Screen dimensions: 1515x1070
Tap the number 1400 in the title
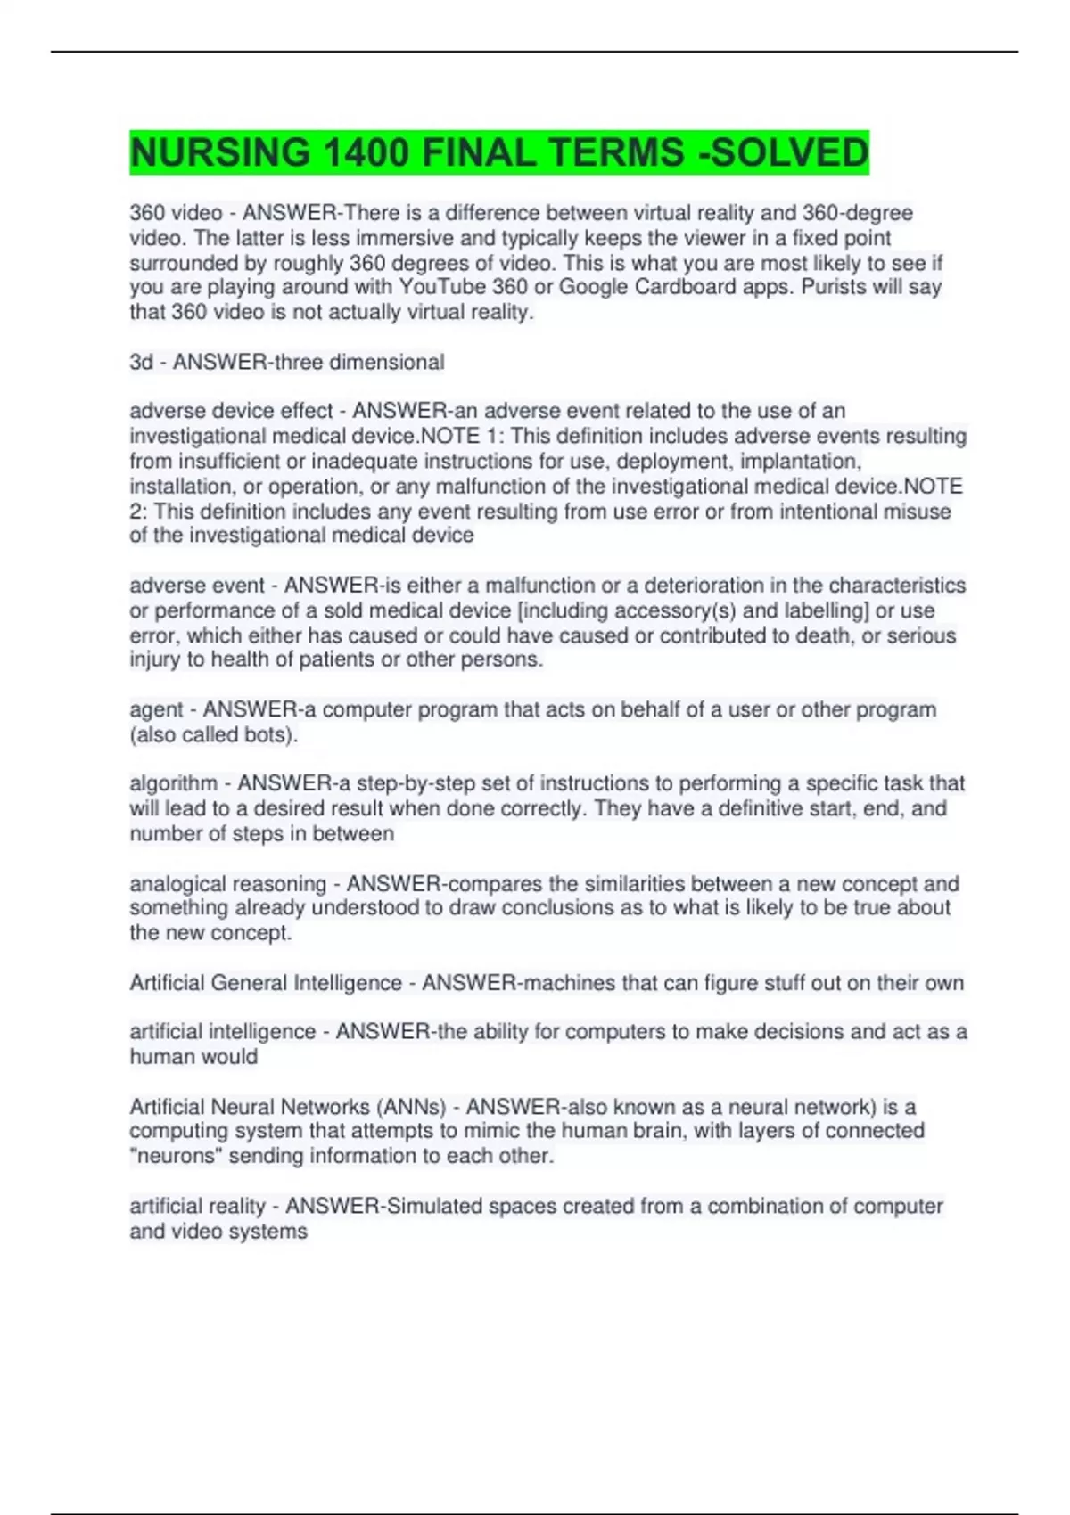[x=366, y=152]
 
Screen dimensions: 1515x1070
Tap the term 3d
[x=141, y=362]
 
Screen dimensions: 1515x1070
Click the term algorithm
[x=174, y=783]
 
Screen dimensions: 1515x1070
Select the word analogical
[x=178, y=884]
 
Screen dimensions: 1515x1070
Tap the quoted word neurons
[x=178, y=1156]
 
